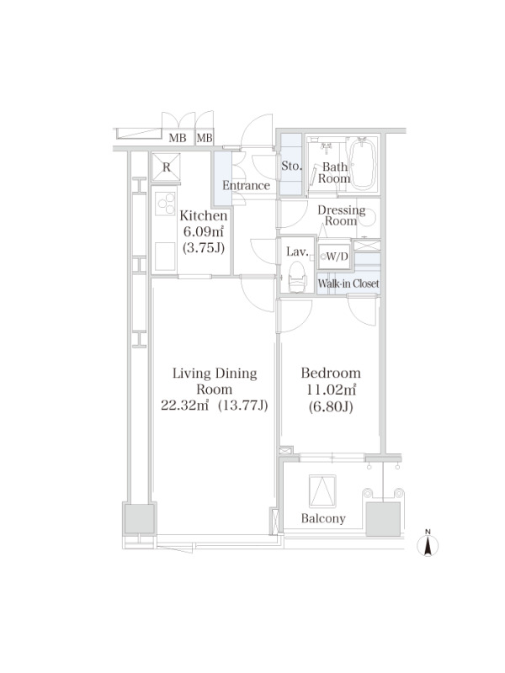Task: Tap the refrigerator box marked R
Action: [x=167, y=167]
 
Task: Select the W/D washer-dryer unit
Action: [x=334, y=257]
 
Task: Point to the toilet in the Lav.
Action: [x=297, y=276]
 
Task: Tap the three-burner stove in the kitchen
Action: [x=165, y=204]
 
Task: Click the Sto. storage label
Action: [x=291, y=166]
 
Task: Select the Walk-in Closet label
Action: [x=348, y=284]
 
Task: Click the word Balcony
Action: [x=323, y=518]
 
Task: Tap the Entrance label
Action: [x=246, y=185]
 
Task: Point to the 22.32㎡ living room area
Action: [x=184, y=405]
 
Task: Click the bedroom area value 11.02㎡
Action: [x=331, y=389]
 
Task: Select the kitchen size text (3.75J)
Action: [x=204, y=247]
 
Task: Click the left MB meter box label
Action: [x=178, y=138]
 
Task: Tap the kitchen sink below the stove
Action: [x=165, y=257]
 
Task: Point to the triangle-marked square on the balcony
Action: [x=322, y=491]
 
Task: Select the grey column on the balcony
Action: [x=383, y=519]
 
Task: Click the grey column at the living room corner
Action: [x=139, y=519]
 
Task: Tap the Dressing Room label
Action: [x=342, y=215]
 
